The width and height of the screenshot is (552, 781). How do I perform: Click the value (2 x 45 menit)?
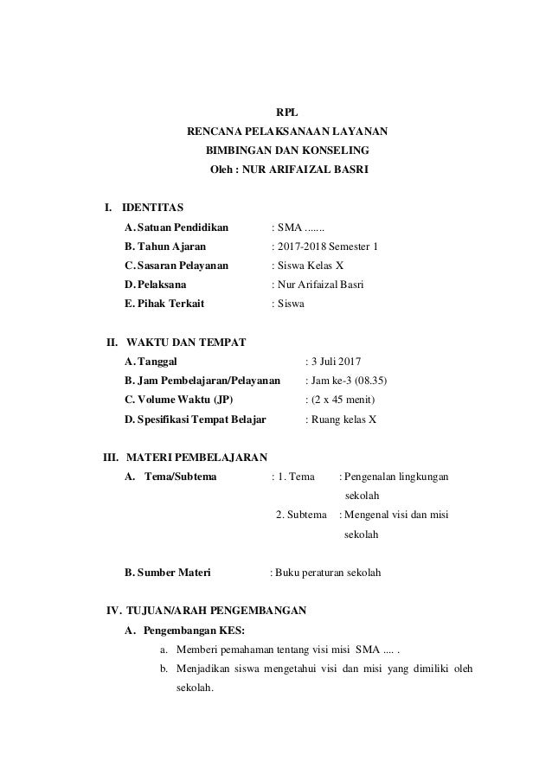(x=344, y=400)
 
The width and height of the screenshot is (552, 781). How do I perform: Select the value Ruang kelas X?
(x=345, y=419)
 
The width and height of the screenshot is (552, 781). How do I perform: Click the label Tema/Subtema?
(x=181, y=476)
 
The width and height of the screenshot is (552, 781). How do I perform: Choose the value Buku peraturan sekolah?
(x=330, y=573)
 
